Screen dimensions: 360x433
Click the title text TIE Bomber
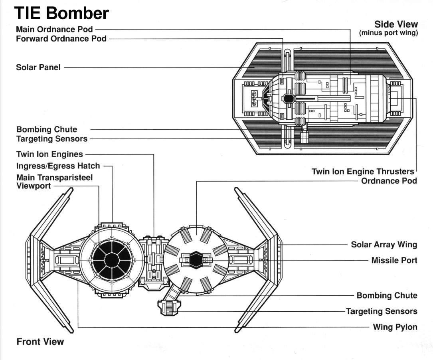61,13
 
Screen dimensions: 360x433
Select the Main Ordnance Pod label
54,30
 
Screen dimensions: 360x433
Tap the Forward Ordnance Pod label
61,39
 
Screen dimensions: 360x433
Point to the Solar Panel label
38,67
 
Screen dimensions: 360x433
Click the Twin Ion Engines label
49,154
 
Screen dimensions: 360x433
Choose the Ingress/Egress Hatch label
58,166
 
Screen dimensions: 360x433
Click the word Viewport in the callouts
34,186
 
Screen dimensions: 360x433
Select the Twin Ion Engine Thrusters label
363,172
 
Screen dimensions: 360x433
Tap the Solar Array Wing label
384,245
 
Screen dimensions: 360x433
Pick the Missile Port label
394,260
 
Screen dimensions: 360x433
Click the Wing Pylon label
395,327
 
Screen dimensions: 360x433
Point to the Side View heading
396,24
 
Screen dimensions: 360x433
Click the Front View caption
40,342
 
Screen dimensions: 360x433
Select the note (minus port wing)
388,33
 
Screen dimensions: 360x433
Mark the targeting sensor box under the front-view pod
168,308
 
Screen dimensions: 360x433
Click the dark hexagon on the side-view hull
289,98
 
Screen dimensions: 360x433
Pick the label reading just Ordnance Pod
389,181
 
